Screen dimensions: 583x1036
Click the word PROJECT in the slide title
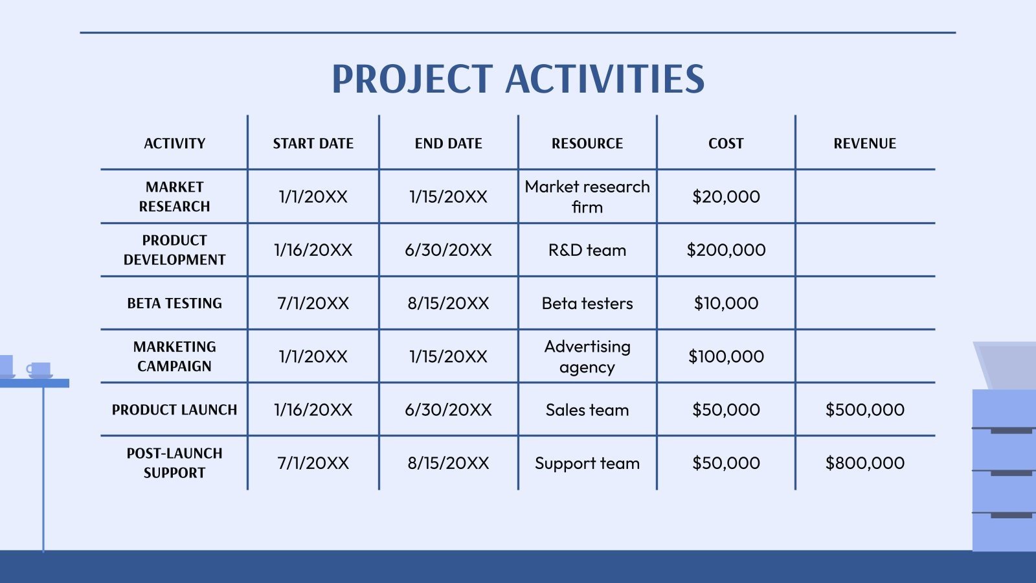412,79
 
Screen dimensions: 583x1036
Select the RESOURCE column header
587,143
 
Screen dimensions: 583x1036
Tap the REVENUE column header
864,143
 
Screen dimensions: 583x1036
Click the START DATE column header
313,143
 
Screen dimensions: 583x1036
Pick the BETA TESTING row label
174,303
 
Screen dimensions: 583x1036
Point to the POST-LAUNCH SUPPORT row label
174,463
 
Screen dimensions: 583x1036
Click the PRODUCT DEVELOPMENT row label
174,250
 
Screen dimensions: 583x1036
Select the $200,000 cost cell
726,250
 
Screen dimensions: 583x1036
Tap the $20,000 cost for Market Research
726,197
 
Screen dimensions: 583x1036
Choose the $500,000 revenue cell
864,410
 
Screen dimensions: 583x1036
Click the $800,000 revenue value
864,463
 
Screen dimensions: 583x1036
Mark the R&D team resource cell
587,250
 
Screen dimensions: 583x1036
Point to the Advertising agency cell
587,356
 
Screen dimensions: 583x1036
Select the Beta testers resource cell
587,303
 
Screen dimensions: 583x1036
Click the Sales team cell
587,410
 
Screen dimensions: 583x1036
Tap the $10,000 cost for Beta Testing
726,303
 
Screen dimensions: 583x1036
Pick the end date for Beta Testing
448,303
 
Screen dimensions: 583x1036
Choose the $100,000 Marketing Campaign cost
726,356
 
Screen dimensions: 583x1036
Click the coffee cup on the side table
39,369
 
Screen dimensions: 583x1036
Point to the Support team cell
587,463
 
